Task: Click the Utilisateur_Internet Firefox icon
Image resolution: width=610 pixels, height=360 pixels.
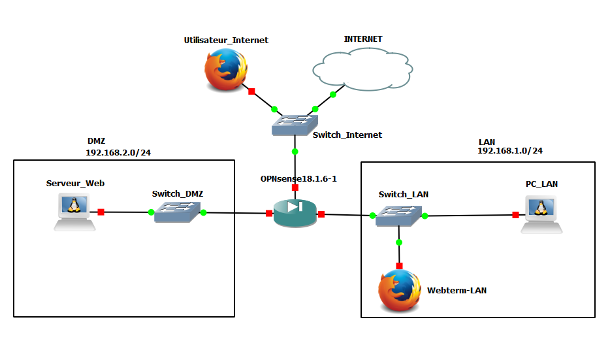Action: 226,70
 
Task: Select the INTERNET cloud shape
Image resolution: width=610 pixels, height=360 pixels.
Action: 362,69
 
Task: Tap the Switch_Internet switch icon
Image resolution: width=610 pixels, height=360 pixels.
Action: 295,125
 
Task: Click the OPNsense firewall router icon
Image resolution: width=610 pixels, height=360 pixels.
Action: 295,213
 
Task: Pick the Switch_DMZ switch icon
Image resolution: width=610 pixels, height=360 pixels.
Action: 177,212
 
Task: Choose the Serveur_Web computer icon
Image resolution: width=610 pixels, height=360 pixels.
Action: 74,213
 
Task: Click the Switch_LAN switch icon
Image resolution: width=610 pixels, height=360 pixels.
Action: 398,216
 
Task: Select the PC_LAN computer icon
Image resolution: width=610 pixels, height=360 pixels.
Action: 541,214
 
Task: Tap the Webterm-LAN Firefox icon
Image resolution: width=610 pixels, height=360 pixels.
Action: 400,291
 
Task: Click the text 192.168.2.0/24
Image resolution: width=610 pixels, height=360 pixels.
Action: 118,153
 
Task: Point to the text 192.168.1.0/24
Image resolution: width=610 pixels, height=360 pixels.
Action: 510,151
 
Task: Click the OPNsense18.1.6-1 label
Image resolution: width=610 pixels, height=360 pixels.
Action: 298,178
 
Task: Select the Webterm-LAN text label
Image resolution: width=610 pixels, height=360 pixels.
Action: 457,290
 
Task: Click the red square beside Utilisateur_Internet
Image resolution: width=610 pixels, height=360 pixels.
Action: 251,91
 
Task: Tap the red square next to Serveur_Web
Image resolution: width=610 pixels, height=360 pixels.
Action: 101,212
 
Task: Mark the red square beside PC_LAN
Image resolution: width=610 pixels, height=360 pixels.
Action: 515,215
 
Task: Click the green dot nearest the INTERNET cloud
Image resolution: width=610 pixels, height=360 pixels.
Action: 333,95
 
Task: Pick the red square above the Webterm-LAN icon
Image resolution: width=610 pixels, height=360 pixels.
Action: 399,266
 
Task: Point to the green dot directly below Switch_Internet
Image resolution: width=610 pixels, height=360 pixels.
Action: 295,152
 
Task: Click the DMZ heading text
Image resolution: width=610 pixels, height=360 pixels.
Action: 96,141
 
